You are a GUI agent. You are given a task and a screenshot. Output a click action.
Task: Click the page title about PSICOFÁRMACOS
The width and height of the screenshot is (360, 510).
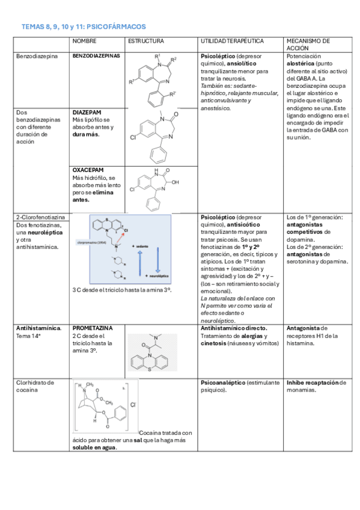coord(84,27)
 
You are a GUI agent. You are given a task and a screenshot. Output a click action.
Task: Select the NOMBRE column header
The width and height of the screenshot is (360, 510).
coord(84,41)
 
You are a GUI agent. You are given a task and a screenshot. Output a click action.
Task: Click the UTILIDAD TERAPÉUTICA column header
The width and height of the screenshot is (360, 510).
coord(232,41)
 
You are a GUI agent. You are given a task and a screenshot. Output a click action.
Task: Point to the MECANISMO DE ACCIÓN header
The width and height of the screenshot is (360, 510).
coord(308,44)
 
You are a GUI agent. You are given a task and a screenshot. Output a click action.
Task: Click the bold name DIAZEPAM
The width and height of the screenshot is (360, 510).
coord(87,112)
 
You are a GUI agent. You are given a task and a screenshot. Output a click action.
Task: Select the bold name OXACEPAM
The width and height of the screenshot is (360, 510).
coord(87,170)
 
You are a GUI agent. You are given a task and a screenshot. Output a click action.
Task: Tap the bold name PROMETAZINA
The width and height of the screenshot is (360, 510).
coord(91,328)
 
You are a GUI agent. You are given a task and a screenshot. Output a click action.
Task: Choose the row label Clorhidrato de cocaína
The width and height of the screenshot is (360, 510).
coord(35,386)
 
